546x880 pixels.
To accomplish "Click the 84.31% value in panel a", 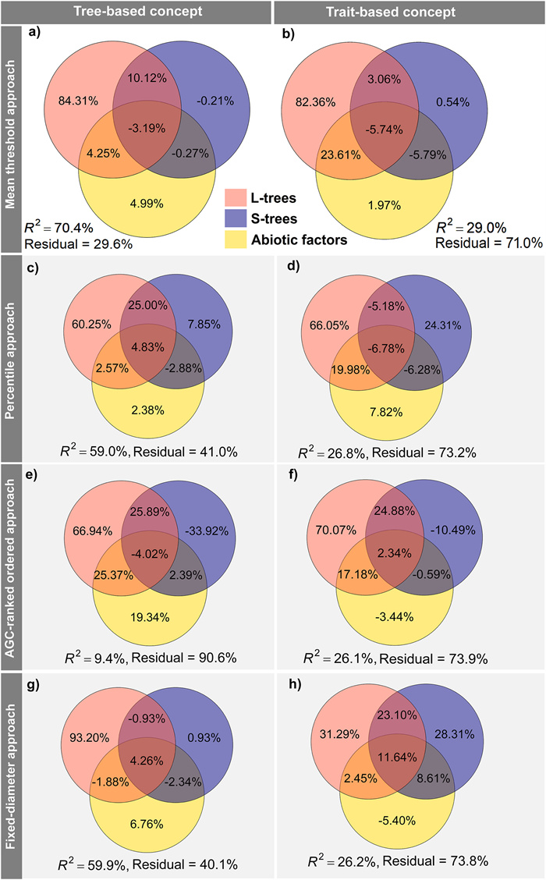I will coord(77,99).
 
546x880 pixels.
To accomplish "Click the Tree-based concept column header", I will coord(136,12).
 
